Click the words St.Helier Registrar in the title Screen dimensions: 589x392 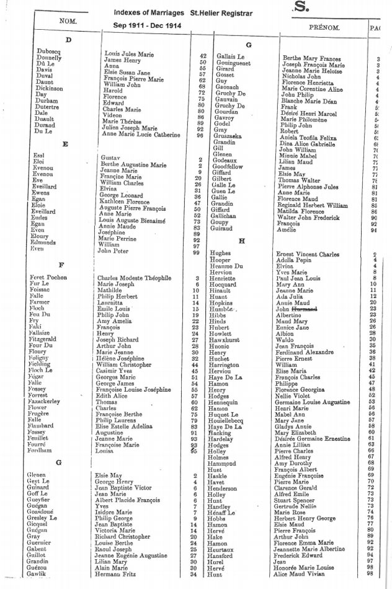tap(219, 11)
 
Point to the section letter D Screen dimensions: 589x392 tap(68, 40)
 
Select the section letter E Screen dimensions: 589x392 tap(65, 144)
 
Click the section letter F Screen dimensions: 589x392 tap(61, 265)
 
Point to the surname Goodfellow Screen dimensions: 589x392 tap(231, 167)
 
